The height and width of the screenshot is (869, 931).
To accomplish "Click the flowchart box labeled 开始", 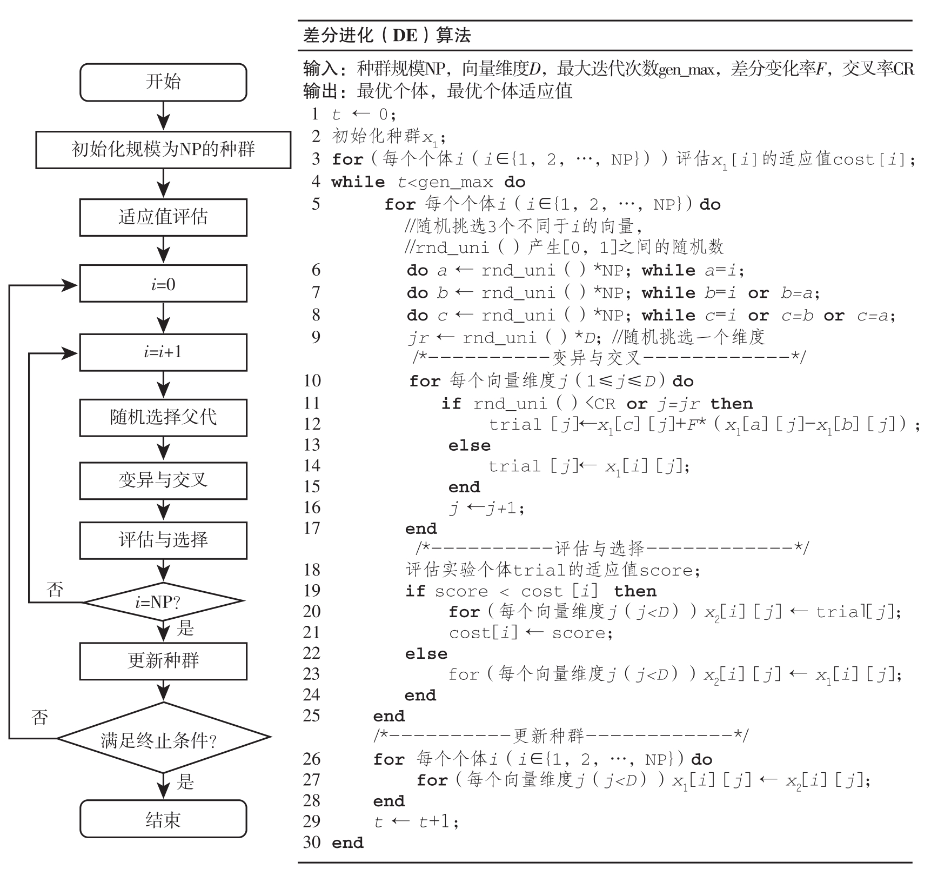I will (163, 82).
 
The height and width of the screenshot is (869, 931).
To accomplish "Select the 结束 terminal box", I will (163, 819).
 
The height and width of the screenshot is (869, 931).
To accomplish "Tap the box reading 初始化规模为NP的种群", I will (163, 150).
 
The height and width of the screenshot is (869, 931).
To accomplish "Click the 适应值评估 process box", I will (163, 217).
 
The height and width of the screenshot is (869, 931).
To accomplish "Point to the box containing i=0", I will (163, 284).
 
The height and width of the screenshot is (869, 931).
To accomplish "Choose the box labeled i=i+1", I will (163, 352).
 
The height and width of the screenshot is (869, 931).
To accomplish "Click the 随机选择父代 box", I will (163, 417).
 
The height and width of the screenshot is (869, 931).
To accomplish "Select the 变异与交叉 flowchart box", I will (163, 480).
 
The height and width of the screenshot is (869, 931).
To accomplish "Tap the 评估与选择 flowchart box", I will (163, 540).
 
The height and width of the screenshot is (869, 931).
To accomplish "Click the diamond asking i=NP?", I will (163, 601).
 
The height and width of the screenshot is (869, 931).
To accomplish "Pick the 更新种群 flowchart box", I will (163, 660).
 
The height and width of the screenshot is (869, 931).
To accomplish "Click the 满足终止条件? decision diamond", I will (163, 738).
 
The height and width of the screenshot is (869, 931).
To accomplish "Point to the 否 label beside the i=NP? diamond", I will (55, 590).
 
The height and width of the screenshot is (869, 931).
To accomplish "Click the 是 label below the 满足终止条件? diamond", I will (185, 781).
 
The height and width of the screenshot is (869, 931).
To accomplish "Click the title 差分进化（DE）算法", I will (387, 36).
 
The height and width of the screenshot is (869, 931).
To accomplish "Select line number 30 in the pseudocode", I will (312, 842).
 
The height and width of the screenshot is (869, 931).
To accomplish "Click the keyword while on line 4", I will (358, 182).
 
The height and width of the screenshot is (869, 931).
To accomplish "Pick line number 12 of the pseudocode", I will (312, 424).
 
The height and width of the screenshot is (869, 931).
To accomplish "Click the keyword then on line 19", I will (635, 591).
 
